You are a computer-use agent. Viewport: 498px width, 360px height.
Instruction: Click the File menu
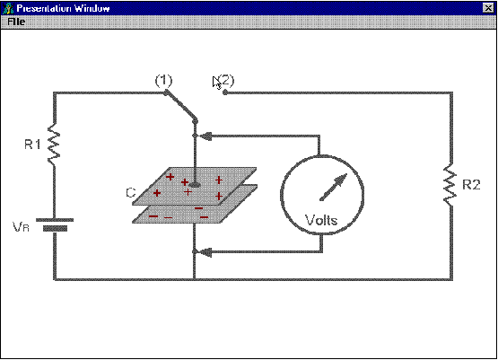point(16,22)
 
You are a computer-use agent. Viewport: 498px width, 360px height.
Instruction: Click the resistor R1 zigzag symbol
point(54,145)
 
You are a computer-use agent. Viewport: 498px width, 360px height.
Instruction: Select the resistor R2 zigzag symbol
point(450,184)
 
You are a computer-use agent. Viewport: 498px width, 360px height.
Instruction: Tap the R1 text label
point(32,145)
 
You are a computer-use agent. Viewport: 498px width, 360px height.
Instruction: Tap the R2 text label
point(471,185)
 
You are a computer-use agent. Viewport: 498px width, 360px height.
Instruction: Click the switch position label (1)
point(164,81)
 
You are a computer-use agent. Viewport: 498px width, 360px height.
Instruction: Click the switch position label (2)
point(226,81)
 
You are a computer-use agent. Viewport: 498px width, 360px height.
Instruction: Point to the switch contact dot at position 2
point(225,92)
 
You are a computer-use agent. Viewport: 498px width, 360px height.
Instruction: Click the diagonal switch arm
point(180,107)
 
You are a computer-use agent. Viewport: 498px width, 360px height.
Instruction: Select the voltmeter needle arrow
point(334,188)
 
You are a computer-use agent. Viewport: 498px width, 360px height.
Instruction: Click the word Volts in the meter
point(321,220)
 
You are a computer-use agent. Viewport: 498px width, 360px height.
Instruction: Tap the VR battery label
point(21,227)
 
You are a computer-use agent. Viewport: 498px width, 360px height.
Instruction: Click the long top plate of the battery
point(55,220)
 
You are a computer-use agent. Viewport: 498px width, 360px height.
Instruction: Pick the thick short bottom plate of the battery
point(56,228)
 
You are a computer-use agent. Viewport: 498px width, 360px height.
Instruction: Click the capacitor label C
point(130,193)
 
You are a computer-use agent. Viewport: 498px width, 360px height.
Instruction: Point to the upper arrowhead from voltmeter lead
point(205,136)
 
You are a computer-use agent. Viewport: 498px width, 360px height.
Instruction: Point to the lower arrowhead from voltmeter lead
point(205,252)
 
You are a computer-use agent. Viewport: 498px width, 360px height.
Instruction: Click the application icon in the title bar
point(7,8)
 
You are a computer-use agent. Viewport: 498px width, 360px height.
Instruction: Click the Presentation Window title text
point(63,8)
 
